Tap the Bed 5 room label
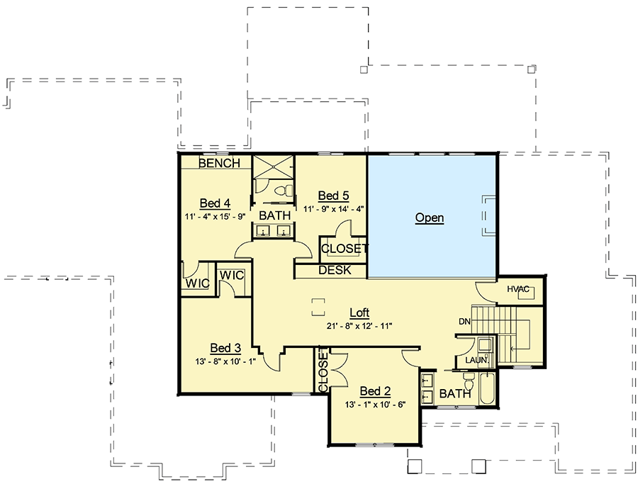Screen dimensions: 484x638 (333, 195)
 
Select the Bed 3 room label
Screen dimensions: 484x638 (225, 348)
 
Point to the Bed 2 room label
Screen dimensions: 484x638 (375, 390)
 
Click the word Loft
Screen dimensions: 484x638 (359, 313)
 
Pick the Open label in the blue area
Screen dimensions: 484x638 (430, 218)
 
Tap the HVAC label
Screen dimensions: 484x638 (519, 289)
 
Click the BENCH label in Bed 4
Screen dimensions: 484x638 (219, 163)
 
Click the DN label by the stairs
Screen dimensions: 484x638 (465, 322)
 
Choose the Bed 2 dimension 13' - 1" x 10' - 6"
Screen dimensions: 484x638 (375, 404)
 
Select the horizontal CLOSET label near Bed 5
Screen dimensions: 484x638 (345, 248)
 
